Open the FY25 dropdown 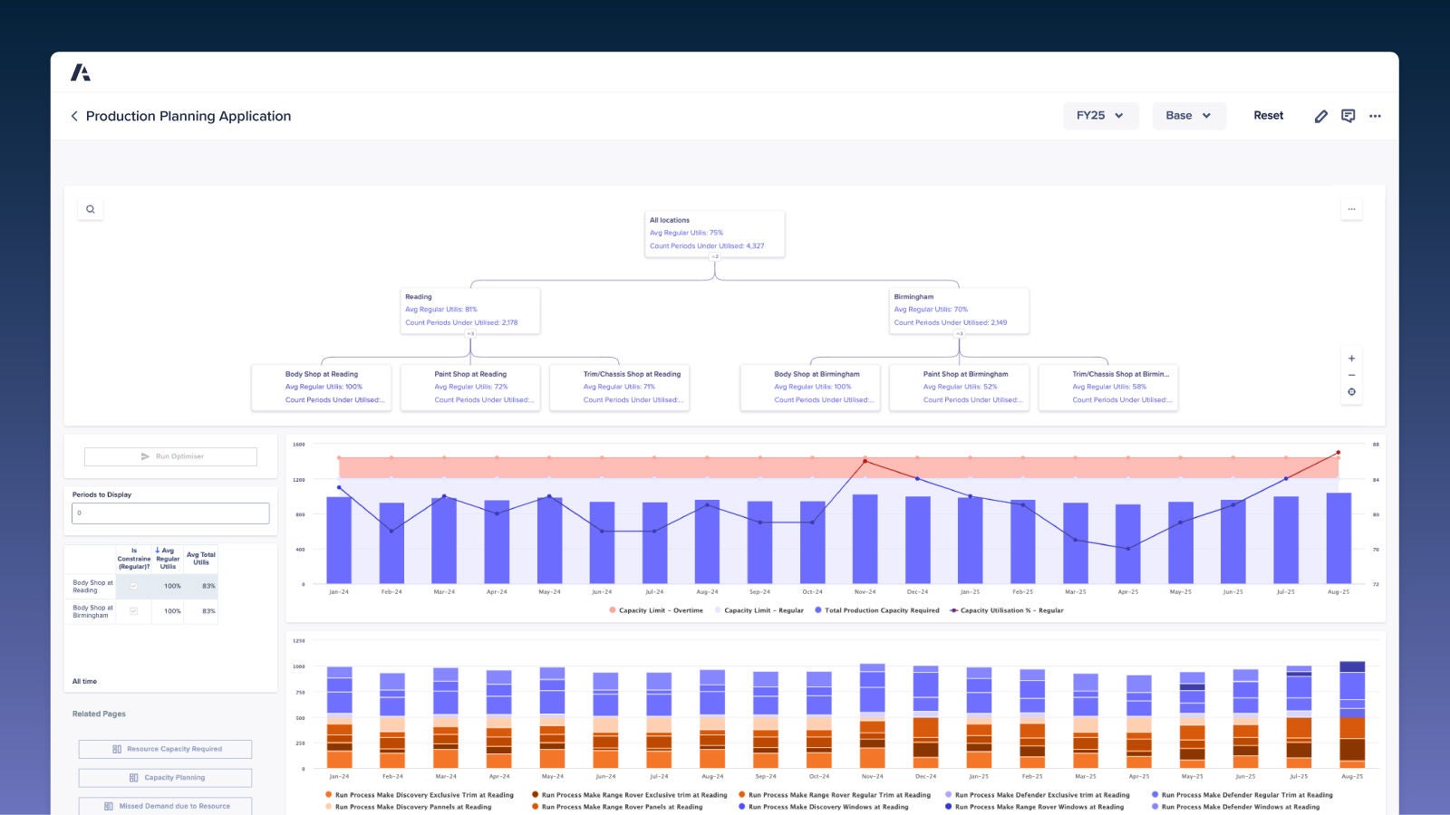tap(1099, 116)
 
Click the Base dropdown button tap(1188, 116)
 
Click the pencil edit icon tap(1320, 116)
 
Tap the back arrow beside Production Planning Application tap(74, 116)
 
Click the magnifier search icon tap(91, 209)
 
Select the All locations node tap(714, 234)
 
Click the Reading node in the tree tap(469, 310)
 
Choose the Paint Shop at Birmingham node tap(959, 387)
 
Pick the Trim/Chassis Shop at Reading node tap(619, 387)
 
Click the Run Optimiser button tap(170, 456)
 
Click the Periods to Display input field tap(170, 513)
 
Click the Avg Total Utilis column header tap(201, 558)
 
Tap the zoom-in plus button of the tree tap(1351, 359)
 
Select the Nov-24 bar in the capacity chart tap(865, 539)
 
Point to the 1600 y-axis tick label tap(299, 445)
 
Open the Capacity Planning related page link tap(166, 778)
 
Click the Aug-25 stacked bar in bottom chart tap(1351, 715)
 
